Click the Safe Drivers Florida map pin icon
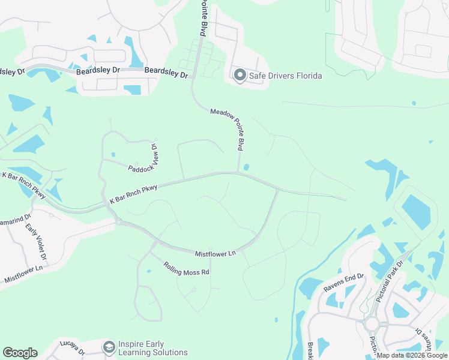pos(240,76)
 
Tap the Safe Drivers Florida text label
pos(285,76)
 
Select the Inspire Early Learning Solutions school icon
pos(109,347)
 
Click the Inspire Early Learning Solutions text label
pos(152,348)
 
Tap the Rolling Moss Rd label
pos(187,268)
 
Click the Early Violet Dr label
pos(35,243)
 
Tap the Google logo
pos(20,353)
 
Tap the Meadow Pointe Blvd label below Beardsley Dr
pos(228,128)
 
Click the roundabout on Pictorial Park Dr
pos(371,325)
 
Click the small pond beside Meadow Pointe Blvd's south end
pos(247,167)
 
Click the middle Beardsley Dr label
pos(99,71)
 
